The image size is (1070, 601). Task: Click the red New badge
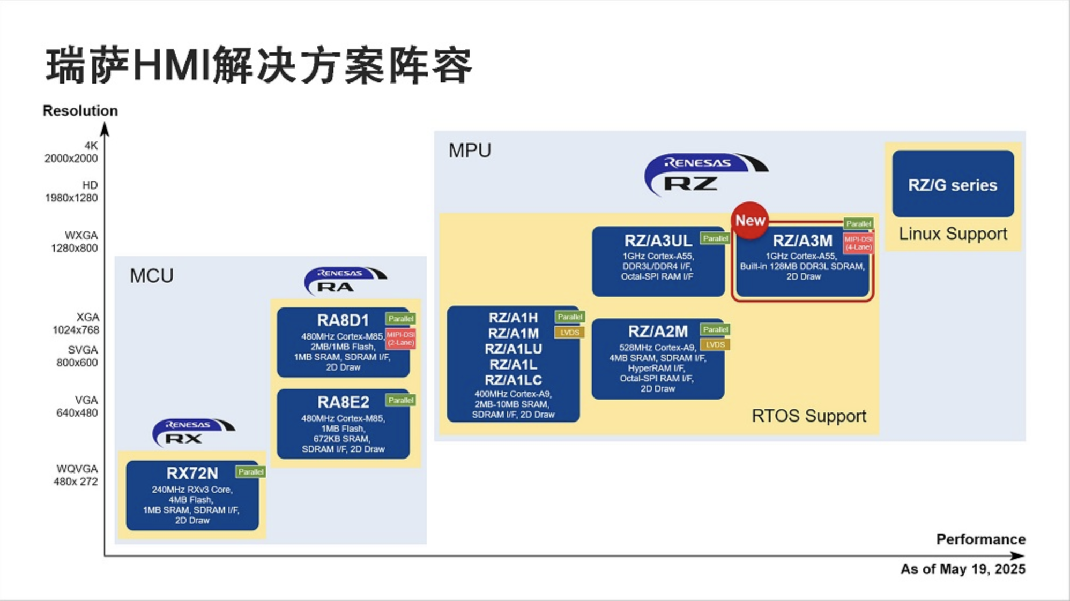[749, 220]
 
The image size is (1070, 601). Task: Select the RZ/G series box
[953, 184]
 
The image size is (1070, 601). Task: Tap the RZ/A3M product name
[802, 241]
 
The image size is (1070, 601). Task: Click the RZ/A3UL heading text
[658, 241]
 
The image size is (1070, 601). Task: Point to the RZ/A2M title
[657, 332]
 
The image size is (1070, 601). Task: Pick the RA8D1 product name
[343, 320]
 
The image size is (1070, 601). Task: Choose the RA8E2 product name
[343, 402]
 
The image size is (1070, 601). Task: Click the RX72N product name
[192, 474]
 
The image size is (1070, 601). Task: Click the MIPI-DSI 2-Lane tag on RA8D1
[400, 339]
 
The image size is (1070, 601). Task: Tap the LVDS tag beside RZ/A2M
[715, 344]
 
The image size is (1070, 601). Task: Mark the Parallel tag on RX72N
[250, 472]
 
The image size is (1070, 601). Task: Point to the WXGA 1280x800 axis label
[75, 242]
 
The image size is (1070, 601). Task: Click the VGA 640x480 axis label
[78, 407]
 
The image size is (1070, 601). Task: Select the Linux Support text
[953, 234]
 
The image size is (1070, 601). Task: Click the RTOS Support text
[808, 416]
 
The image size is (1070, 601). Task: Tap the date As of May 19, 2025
[962, 569]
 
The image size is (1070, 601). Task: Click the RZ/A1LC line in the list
[513, 380]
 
